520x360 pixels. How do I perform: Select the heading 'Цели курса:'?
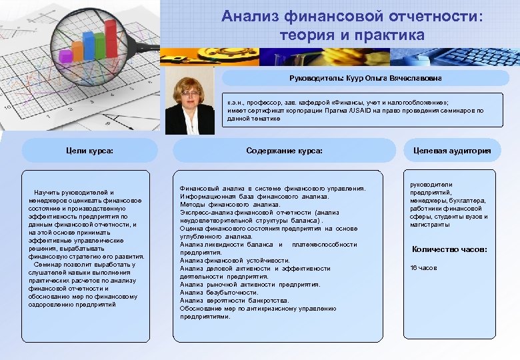91,151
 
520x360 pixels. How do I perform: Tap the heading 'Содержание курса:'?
284,151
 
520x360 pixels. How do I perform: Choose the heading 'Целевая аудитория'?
451,151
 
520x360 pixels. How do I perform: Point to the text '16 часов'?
423,267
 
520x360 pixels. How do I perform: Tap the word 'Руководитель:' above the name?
317,79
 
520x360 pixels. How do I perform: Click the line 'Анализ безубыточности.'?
219,292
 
